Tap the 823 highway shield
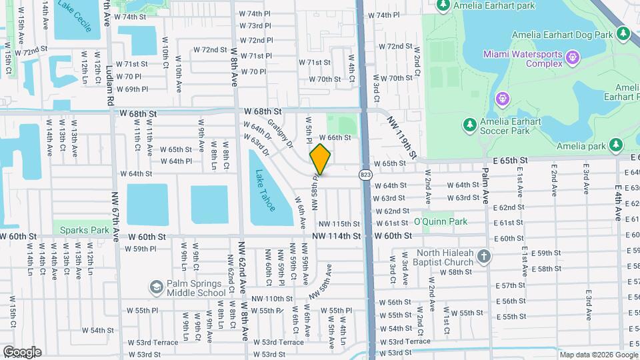365,175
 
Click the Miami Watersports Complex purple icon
572,58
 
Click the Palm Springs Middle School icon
156,287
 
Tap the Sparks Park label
84,230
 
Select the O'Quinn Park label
440,221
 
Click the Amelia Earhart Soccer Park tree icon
470,125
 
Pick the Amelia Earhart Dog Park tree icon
623,33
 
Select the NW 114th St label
339,236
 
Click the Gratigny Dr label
280,133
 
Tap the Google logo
21,352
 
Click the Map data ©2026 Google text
597,355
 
